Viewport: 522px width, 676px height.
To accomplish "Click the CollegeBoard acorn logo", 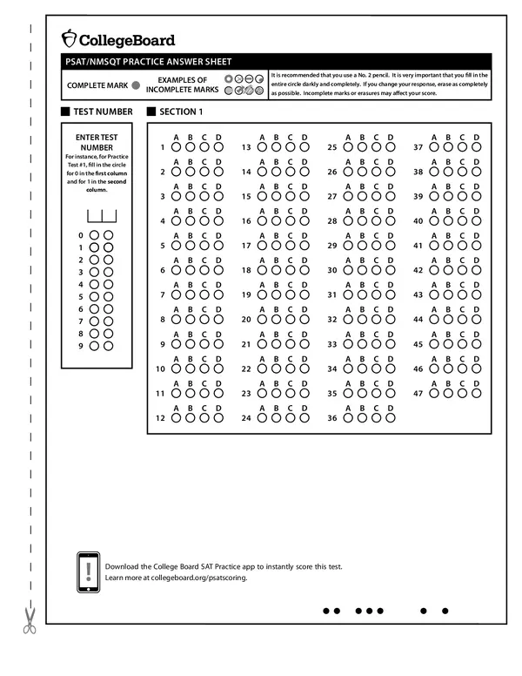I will (69, 38).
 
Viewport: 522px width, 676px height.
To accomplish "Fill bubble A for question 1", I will (177, 147).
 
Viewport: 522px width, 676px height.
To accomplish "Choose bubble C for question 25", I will (376, 147).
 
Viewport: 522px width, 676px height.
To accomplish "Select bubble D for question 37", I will (475, 147).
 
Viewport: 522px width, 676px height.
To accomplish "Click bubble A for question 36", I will (348, 418).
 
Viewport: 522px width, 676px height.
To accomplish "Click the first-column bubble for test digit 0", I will (93, 235).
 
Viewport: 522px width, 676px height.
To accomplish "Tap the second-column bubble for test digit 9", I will (108, 346).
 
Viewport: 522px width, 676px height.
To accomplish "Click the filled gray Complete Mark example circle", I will (136, 85).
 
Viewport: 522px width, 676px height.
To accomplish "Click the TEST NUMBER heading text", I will (104, 112).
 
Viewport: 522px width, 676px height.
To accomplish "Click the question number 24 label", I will (246, 419).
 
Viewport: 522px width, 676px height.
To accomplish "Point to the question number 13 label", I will (246, 148).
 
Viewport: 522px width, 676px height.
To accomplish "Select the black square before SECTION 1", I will (151, 112).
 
